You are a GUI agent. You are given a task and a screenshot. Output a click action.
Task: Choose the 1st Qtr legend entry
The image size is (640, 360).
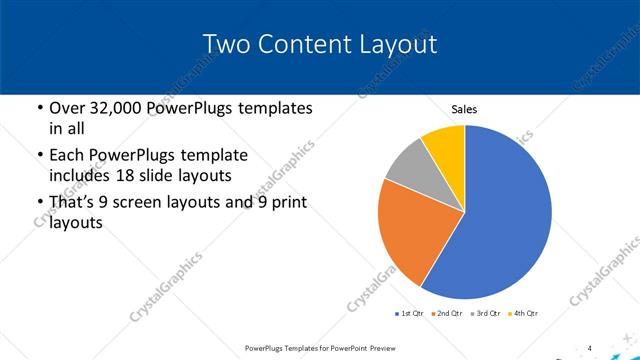click(409, 314)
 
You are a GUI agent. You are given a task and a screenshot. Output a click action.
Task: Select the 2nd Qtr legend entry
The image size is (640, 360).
click(447, 314)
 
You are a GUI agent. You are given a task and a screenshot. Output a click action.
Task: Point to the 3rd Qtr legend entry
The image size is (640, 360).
click(485, 314)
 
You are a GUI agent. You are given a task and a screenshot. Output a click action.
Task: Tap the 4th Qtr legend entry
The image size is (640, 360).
click(523, 314)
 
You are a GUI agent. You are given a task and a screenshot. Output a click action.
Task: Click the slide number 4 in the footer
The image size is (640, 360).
click(590, 347)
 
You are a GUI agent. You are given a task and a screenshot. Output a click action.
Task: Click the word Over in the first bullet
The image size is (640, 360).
click(66, 108)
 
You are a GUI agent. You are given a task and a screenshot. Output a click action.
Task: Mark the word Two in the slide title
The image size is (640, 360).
click(224, 45)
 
